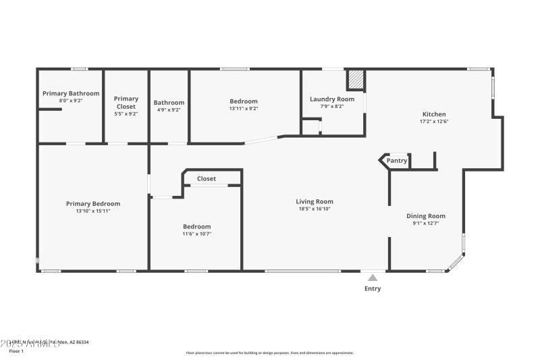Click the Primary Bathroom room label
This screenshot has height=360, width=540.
click(71, 93)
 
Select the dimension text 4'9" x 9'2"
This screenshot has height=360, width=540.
click(169, 109)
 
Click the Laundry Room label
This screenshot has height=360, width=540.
click(332, 99)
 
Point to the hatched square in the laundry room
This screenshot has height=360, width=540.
click(356, 80)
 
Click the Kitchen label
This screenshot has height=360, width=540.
click(434, 114)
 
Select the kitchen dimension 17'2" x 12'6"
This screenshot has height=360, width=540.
click(434, 122)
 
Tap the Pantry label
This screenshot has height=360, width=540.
click(397, 161)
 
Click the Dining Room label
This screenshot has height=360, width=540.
click(426, 216)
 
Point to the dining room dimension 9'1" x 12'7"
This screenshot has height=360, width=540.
click(426, 224)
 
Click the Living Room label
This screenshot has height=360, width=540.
click(315, 201)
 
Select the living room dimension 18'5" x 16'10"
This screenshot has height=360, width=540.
click(315, 209)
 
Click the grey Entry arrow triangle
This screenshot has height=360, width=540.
click(372, 277)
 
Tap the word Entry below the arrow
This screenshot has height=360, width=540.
click(373, 288)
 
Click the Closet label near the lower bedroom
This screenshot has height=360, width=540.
click(207, 179)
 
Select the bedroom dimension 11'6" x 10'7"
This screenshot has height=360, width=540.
click(197, 234)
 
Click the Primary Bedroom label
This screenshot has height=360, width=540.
click(93, 203)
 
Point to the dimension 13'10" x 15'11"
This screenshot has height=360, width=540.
click(93, 211)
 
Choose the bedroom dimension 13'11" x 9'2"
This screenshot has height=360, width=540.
click(244, 109)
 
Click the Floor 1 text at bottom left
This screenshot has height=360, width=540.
click(16, 351)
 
